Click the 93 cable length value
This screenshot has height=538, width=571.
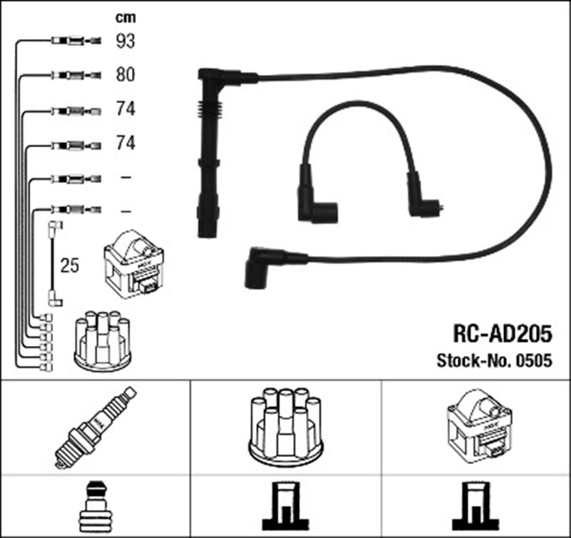(x=127, y=40)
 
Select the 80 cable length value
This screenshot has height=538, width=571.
(x=127, y=75)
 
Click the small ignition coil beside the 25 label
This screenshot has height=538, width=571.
(x=133, y=265)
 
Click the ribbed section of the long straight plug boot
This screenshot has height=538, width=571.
(x=208, y=122)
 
